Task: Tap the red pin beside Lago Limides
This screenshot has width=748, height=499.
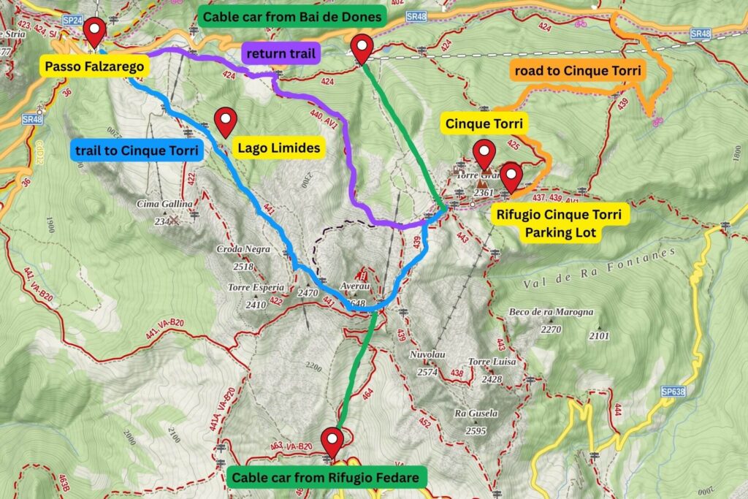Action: point(226,121)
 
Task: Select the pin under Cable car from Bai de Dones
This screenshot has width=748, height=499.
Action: point(362,48)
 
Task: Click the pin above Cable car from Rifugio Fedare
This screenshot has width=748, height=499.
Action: point(333,441)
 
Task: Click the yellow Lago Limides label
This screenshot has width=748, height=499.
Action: point(280,148)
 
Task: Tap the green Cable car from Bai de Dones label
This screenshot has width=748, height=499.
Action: point(293,16)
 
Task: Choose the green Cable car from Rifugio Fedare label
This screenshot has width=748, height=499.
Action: point(326,479)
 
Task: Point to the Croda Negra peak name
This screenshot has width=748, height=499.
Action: point(243,249)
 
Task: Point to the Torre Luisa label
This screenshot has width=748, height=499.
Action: point(492,362)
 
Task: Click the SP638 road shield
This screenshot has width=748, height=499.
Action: point(673,392)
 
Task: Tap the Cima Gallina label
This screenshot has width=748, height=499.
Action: point(164,204)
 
